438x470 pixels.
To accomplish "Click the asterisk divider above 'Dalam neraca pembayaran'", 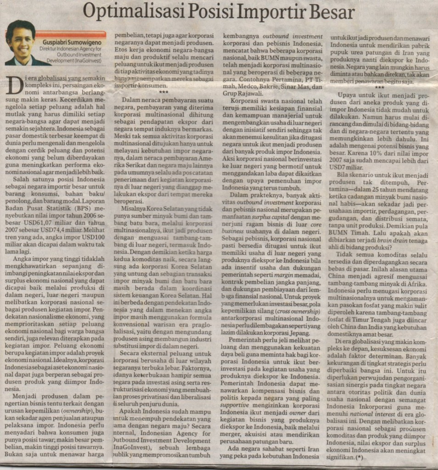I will pyautogui.click(x=163, y=92).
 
